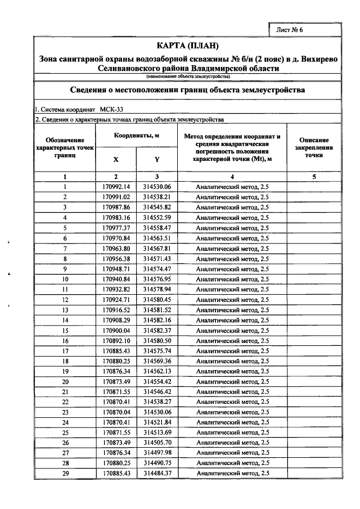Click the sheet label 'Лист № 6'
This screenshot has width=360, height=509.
point(291,30)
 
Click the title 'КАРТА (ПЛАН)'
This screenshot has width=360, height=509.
point(187,46)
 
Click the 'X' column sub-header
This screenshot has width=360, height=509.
point(116,159)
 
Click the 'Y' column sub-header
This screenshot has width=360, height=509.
point(157,159)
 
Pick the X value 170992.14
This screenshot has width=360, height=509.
point(116,187)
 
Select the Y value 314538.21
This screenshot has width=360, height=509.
point(157,197)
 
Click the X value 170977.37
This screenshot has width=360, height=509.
point(116,228)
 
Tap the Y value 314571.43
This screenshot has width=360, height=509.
point(157,259)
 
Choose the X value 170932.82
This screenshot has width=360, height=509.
point(116,289)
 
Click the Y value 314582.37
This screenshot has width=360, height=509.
point(157,330)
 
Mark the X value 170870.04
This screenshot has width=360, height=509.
point(116,412)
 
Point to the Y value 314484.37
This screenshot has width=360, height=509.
point(157,474)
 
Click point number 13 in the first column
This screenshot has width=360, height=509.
point(65,310)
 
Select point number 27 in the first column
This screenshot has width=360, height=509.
point(65,453)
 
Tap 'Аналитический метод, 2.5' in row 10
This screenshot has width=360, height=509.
point(232,279)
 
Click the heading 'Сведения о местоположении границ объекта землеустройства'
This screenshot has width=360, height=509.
point(187,90)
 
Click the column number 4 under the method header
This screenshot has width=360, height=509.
point(232,177)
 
